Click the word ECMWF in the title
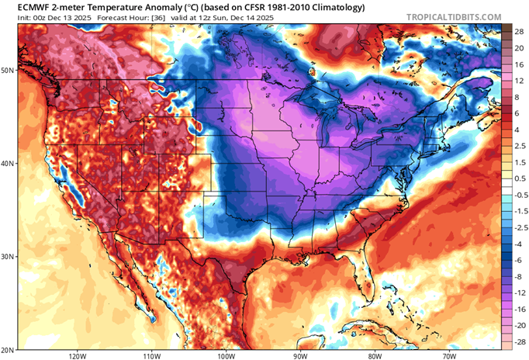[24, 8]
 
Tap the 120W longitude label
[75, 355]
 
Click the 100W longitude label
[226, 355]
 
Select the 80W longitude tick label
[375, 355]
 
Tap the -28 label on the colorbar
[515, 341]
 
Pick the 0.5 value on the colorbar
[516, 178]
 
